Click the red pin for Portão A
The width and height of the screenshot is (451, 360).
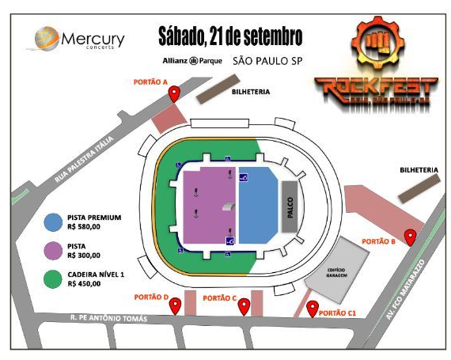tap(175, 93)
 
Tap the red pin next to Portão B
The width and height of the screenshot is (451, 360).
tap(411, 235)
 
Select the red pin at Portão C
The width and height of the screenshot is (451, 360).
tap(244, 305)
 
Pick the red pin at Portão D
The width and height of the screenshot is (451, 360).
tap(175, 305)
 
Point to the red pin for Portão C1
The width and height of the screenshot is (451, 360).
tap(313, 307)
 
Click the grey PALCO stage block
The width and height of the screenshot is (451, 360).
tap(290, 205)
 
